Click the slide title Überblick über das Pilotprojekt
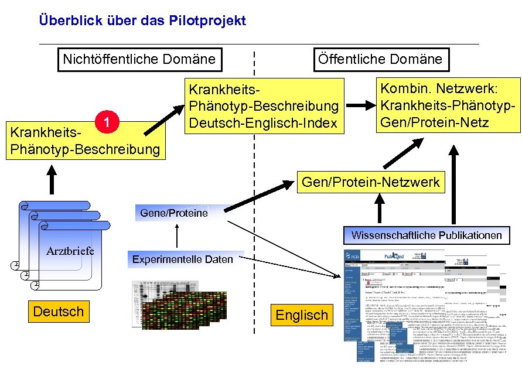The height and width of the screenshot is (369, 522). coord(142,21)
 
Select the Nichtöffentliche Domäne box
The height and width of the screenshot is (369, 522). coord(139,59)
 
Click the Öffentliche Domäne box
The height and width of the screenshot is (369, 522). coord(380,59)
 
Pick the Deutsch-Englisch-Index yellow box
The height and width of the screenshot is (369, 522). coord(262,107)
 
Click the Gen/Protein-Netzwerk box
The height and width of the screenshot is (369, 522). coord(370,182)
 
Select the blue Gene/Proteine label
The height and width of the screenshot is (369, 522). coord(174,213)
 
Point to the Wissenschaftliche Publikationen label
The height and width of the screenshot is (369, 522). coord(427,235)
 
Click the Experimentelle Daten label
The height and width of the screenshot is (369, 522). coord(182,259)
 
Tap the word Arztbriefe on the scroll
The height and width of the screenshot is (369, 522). coord(70,251)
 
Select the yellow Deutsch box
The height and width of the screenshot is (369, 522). coord(58,311)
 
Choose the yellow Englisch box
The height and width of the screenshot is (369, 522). coord(302,315)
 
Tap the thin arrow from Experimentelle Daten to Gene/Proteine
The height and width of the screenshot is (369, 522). coord(178,237)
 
